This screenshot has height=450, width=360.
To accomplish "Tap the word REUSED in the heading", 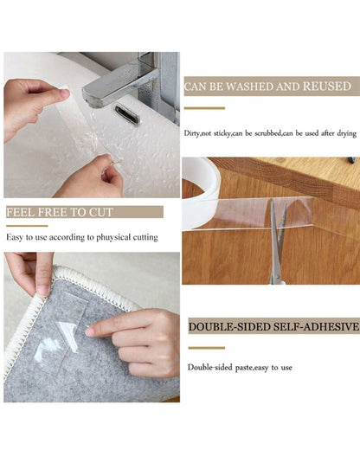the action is (x=327, y=87).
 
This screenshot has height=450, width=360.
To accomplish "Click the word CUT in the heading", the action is (x=100, y=212).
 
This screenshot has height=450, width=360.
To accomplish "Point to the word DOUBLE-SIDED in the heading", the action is (x=229, y=327).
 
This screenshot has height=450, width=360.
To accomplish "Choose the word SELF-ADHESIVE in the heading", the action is (x=316, y=327).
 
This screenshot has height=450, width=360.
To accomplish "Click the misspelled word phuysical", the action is (x=113, y=238).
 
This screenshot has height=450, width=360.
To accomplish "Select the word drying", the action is (x=346, y=134).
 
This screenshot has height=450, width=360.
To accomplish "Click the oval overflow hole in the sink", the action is (x=127, y=114).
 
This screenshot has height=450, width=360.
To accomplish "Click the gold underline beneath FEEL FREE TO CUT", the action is (x=27, y=226).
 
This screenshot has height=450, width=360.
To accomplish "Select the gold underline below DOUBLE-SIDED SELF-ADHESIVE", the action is (x=207, y=348).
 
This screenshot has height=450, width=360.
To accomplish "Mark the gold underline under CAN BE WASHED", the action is (x=204, y=108).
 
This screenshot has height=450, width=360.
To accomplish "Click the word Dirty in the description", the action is (x=191, y=133).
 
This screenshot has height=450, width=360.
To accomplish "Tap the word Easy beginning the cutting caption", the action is (x=15, y=238).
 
